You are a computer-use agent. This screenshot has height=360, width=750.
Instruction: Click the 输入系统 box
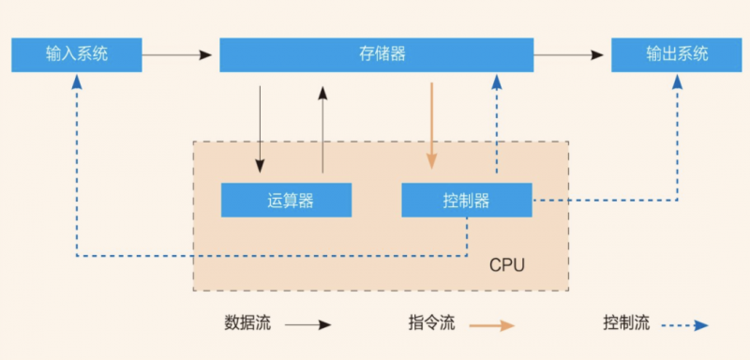point(77,54)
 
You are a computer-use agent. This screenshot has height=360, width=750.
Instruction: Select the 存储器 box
point(376,54)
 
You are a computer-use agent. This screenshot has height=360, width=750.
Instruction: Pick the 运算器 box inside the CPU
point(286,200)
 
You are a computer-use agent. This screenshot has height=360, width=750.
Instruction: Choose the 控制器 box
point(466,200)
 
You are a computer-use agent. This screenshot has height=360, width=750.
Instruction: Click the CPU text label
point(507,265)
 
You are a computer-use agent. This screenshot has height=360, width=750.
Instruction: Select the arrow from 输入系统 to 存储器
point(180,55)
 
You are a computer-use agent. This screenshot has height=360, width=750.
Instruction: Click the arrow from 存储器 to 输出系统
point(572,55)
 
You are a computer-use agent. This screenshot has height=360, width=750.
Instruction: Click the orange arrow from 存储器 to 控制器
point(431,126)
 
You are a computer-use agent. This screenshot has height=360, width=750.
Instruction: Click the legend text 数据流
point(247,323)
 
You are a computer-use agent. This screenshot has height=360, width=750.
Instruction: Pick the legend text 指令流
point(431,323)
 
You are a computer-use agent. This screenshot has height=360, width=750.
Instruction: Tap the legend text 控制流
point(626,323)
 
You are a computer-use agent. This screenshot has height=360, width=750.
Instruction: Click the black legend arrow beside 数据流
point(307,325)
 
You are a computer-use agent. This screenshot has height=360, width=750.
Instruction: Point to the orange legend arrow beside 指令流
point(491,325)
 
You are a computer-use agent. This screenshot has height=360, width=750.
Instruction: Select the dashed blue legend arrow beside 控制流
point(684,325)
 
